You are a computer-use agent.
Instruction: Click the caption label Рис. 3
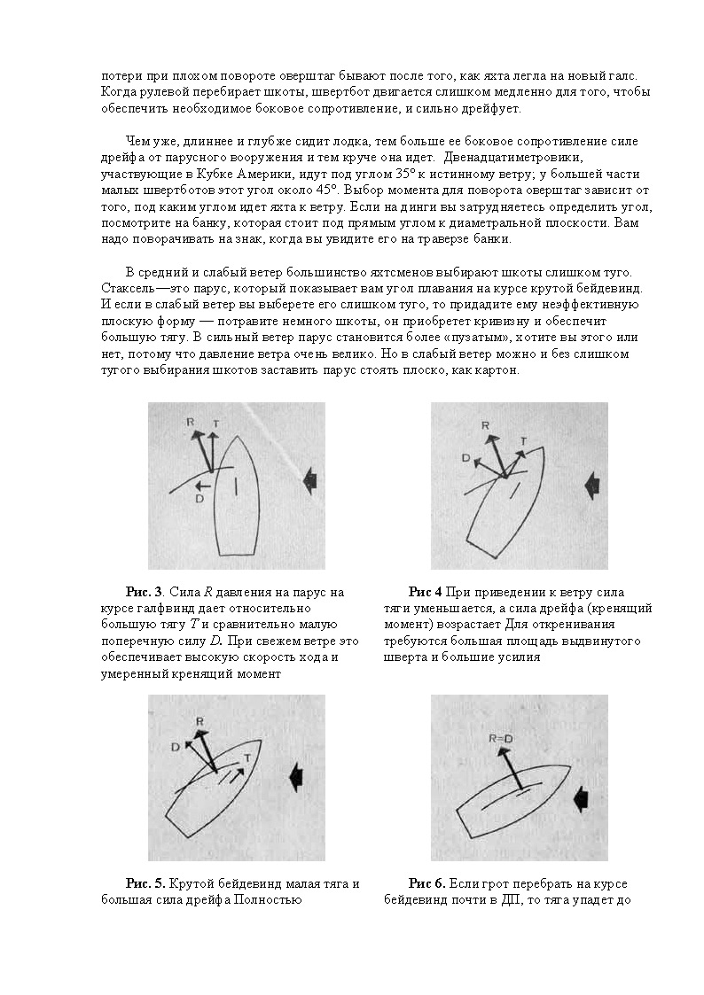(x=144, y=592)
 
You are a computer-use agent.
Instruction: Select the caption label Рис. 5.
(x=145, y=884)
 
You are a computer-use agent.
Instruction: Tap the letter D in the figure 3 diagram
(x=200, y=498)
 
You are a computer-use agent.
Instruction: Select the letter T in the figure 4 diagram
(x=523, y=440)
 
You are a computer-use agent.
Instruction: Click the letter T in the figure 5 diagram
(x=246, y=758)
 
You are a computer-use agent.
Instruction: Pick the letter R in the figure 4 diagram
(x=485, y=426)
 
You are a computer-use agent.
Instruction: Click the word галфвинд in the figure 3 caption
(x=159, y=609)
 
